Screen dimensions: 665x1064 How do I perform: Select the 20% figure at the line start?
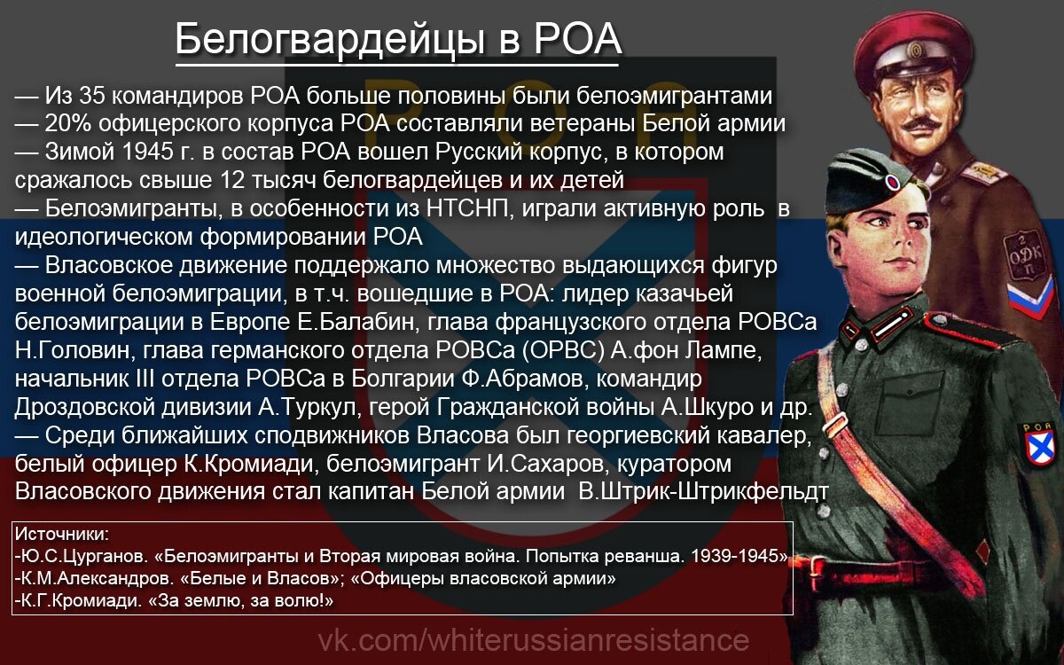click(x=66, y=124)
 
